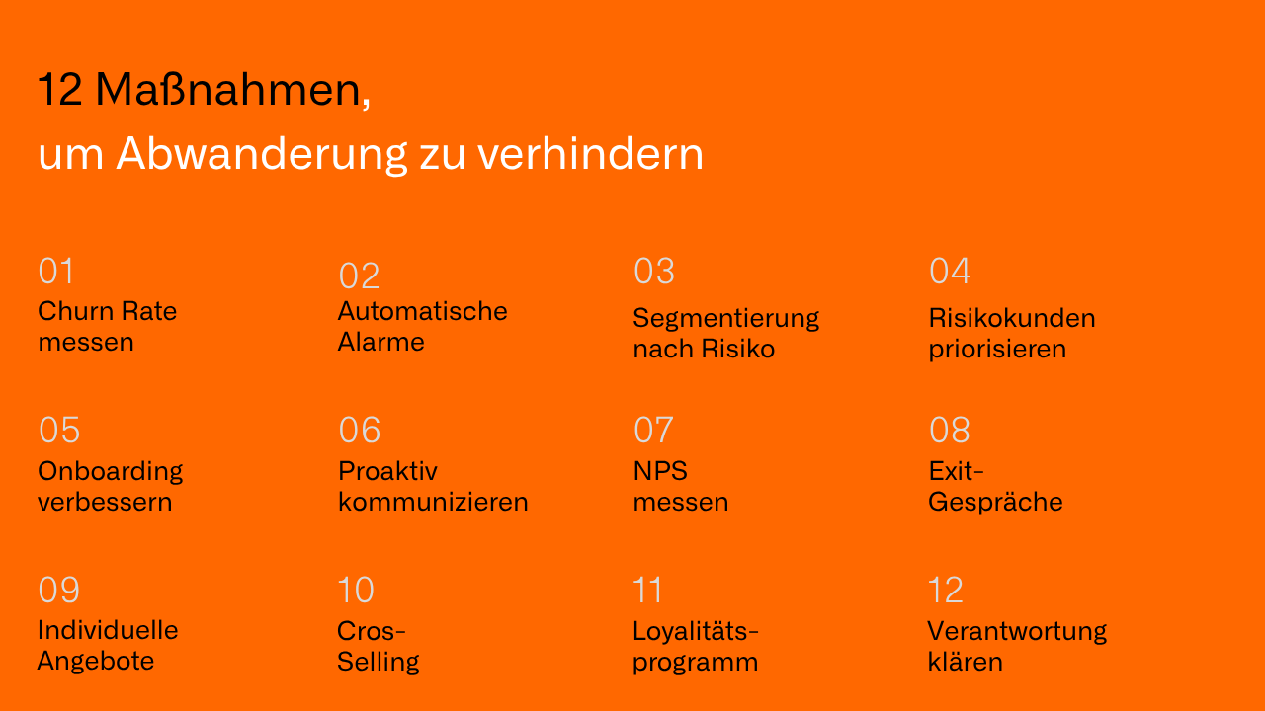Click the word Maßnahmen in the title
coord(232,91)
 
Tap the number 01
coord(56,272)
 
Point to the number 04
coord(950,272)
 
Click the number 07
coord(653,431)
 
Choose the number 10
coord(356,591)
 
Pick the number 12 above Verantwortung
coord(946,591)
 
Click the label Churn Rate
coord(107,311)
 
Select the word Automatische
coord(422,311)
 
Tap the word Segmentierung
coord(725,318)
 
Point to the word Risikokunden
coord(1012,318)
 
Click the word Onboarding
coord(110,471)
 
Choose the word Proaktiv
coord(387,471)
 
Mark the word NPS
coord(660,471)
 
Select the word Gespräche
coord(995,503)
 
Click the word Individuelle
coord(108,630)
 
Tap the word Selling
coord(378,662)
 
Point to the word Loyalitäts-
coord(696,630)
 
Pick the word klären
coord(965,662)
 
